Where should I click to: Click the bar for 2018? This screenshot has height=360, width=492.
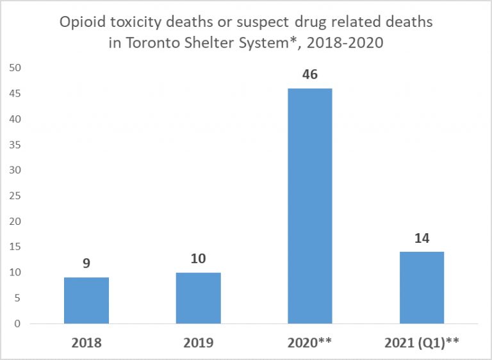tap(86, 300)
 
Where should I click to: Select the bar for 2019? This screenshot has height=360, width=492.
tap(198, 298)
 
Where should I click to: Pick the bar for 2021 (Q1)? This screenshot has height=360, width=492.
tap(422, 288)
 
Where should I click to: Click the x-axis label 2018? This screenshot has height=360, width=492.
tap(86, 343)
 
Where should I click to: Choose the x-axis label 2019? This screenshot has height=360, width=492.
tap(198, 343)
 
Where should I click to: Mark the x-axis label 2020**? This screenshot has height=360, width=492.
tap(310, 343)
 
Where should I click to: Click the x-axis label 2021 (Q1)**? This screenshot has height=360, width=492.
tap(422, 343)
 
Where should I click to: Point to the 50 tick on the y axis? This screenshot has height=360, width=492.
tap(15, 68)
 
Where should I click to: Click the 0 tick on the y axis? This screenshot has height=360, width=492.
tap(17, 324)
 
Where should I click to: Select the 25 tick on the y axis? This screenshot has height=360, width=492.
tap(15, 196)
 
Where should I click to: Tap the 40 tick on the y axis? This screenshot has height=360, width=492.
tap(15, 119)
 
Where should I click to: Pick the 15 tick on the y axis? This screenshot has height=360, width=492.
tap(15, 247)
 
